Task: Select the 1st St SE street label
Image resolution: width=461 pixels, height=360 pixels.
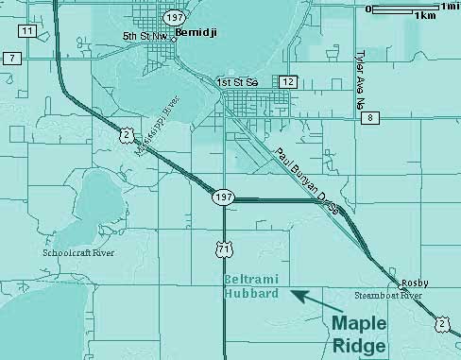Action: coord(236,82)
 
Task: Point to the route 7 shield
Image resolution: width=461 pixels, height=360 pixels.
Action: coord(11,59)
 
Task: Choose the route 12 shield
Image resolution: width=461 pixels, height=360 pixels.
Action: coord(288,83)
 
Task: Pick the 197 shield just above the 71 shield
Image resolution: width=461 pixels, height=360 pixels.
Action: coord(222,197)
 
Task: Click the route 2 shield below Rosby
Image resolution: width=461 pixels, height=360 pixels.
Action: coord(442,324)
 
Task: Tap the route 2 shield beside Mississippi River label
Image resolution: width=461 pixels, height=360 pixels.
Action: coord(126,137)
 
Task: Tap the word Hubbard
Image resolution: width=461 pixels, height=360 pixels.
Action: coord(249,294)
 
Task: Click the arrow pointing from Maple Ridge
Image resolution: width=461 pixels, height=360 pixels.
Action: coord(309,298)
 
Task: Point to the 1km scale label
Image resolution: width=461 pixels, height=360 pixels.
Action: coord(424,16)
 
